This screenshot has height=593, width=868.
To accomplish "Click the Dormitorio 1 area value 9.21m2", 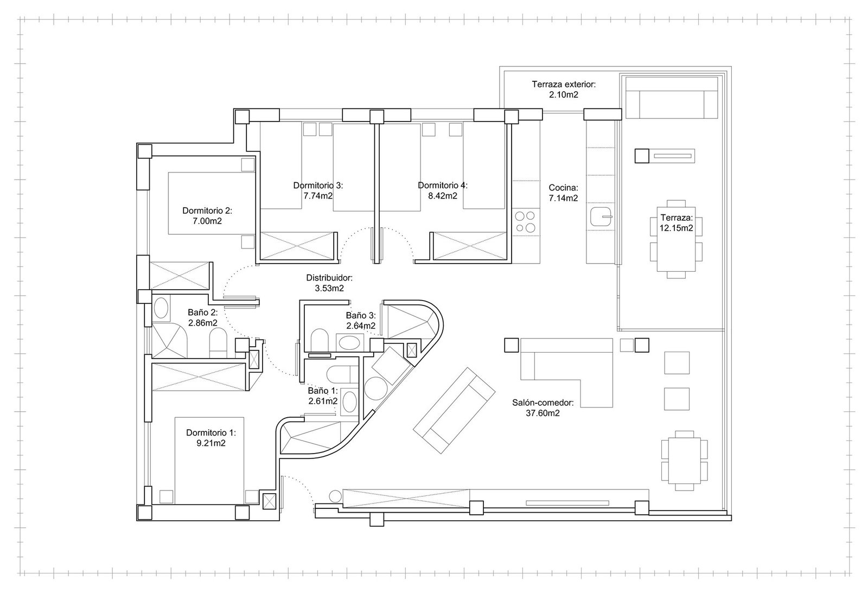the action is coord(211,443).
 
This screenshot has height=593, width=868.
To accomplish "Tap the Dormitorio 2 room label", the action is coord(207,211).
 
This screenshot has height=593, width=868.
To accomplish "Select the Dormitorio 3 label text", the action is coord(318,185).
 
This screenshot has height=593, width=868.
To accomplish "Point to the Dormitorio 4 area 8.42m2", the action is coord(443,196).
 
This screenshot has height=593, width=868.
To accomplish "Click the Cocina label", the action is coord(564,188).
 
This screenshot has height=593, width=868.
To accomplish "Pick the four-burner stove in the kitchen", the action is coord(525,222).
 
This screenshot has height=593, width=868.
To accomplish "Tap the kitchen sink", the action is coord(601,217).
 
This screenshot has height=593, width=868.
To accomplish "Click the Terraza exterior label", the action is coord(564,84).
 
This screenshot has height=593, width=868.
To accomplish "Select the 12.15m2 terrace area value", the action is coord(676,228).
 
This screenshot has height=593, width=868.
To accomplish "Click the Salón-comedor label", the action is coord(543,403).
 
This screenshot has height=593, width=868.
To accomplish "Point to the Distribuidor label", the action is coord(329,278).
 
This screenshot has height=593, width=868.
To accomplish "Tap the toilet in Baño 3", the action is coord(320,340).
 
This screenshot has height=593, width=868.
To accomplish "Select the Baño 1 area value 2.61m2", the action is coord(323,401).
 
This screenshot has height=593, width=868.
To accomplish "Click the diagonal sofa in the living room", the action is coord(454,411).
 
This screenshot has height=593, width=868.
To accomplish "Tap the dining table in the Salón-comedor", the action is coord(684,461).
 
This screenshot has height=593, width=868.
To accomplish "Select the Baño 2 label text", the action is coord(203,313).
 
